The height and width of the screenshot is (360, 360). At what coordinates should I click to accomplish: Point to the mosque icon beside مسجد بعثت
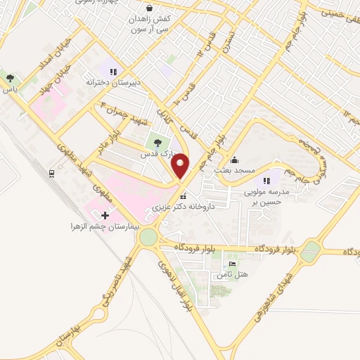[x=235, y=158]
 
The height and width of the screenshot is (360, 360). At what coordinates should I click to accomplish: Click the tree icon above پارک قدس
[x=157, y=143]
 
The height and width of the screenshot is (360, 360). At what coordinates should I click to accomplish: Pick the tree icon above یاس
[x=9, y=77]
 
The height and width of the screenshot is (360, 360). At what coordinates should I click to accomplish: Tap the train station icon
[x=52, y=172]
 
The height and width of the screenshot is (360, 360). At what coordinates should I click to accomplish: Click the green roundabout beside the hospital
[x=149, y=237]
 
